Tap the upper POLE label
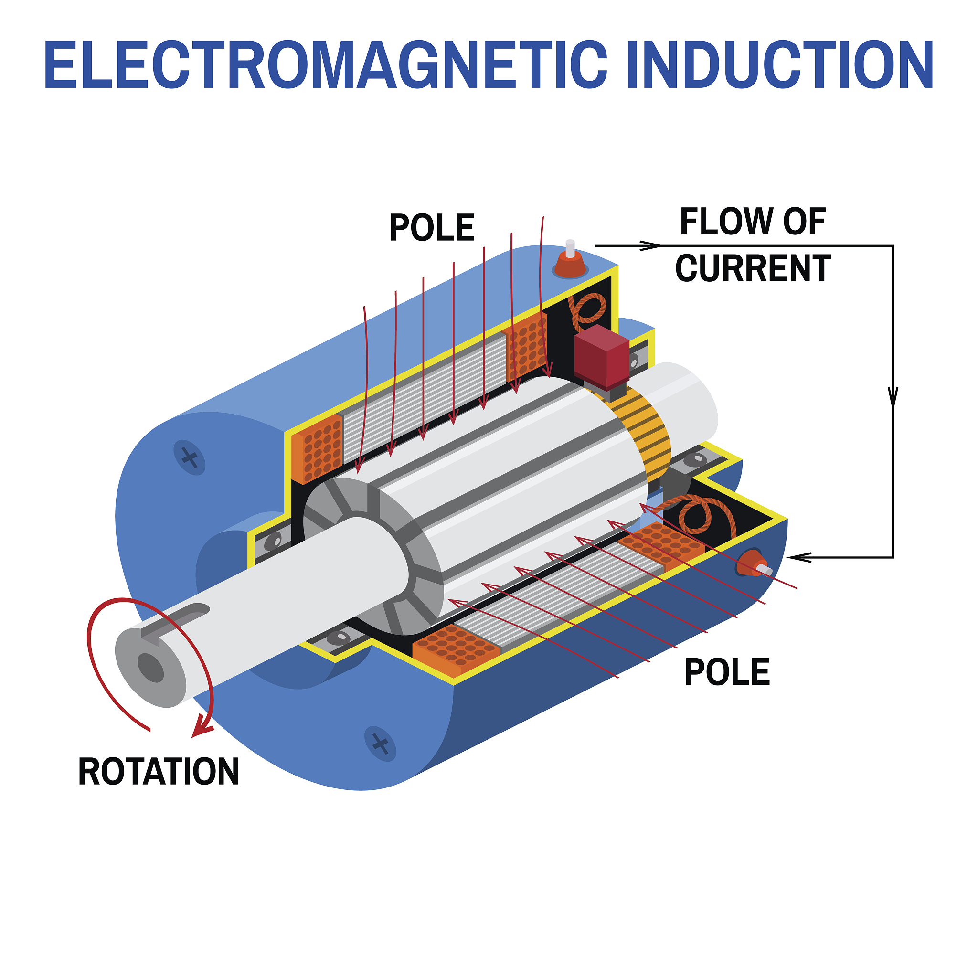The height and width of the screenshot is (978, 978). point(431,228)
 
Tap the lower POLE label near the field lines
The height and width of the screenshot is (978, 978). point(727,673)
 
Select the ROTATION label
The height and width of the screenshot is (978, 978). point(159,772)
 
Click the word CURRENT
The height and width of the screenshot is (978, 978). point(753,269)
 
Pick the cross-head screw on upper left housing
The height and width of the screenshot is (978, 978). point(189,457)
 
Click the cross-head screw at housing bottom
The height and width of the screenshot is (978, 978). point(380,744)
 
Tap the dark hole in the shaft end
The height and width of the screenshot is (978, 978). point(151,667)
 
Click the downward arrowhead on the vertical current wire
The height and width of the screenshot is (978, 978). point(893,397)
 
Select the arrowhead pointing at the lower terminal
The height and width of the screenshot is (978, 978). point(798,557)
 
